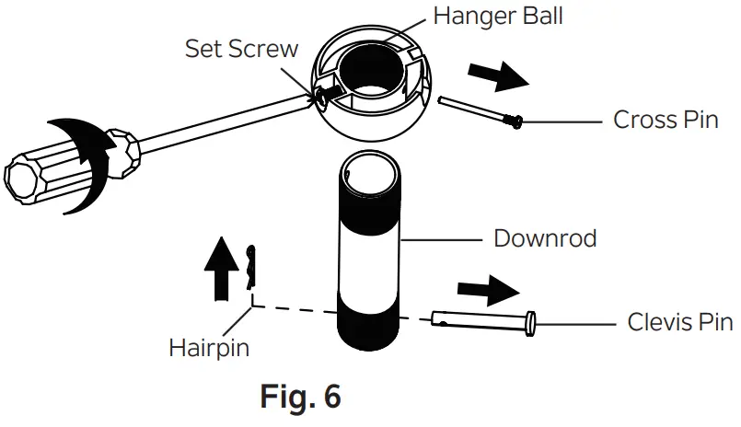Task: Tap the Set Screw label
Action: pyautogui.click(x=242, y=48)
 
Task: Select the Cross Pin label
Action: pyautogui.click(x=666, y=120)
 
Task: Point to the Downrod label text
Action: pyautogui.click(x=545, y=238)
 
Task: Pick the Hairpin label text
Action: pyautogui.click(x=209, y=347)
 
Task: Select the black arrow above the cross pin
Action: pyautogui.click(x=498, y=77)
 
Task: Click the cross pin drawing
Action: pyautogui.click(x=478, y=110)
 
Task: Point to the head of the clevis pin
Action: pyautogui.click(x=530, y=323)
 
